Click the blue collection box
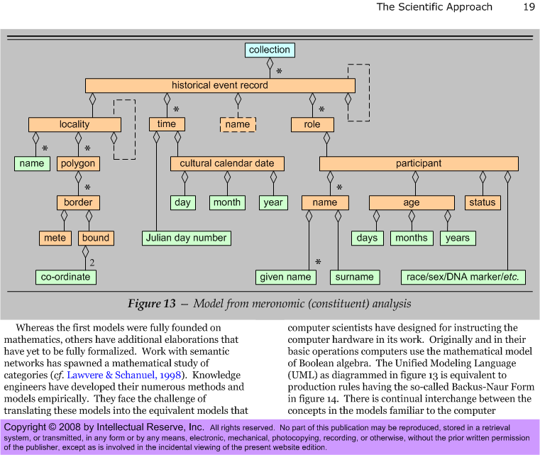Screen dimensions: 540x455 270,50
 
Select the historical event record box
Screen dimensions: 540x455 220,85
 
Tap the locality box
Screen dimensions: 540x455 75,124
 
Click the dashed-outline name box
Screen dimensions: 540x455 238,124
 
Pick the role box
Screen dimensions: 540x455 312,124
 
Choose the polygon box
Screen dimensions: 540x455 78,163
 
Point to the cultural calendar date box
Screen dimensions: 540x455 227,163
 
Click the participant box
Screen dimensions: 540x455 419,163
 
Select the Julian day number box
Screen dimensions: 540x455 187,238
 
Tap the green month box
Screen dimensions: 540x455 227,202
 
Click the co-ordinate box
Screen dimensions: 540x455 66,277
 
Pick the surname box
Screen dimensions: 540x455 355,277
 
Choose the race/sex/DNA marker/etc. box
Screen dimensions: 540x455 463,277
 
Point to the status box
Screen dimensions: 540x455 483,202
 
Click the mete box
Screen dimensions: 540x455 55,238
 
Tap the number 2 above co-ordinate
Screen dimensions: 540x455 92,263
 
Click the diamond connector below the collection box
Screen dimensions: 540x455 270,63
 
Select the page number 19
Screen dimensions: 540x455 529,7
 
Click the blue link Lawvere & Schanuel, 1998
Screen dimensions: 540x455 124,375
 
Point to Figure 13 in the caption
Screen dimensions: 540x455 152,303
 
